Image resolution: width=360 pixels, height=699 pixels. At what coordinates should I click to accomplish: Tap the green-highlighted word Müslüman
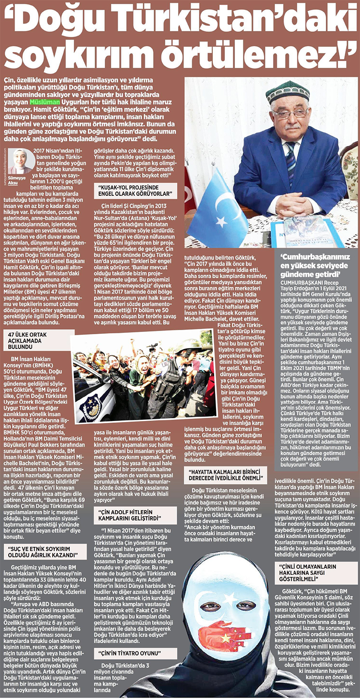45,102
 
